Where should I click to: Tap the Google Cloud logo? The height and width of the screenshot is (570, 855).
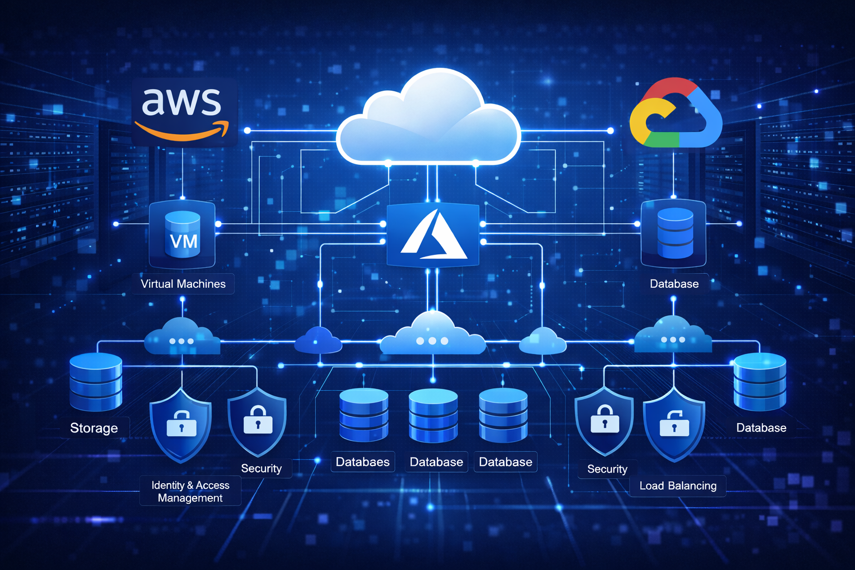(675, 114)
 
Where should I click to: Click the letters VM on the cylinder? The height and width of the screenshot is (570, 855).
(183, 242)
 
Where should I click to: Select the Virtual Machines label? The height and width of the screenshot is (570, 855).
(183, 284)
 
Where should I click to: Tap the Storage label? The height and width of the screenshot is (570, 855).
(94, 428)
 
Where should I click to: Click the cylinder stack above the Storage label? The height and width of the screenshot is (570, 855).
(96, 381)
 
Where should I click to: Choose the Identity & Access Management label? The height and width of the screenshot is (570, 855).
(190, 492)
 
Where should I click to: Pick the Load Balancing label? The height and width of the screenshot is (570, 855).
(678, 486)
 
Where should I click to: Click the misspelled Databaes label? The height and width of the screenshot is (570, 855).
(363, 462)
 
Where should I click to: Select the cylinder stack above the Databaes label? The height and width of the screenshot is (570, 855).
(363, 415)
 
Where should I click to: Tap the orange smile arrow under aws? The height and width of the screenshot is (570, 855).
(183, 131)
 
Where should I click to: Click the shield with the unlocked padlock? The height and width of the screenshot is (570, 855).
(674, 424)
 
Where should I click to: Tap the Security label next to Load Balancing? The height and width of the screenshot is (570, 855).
(607, 469)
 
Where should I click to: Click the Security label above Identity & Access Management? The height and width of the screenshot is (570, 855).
(261, 469)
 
